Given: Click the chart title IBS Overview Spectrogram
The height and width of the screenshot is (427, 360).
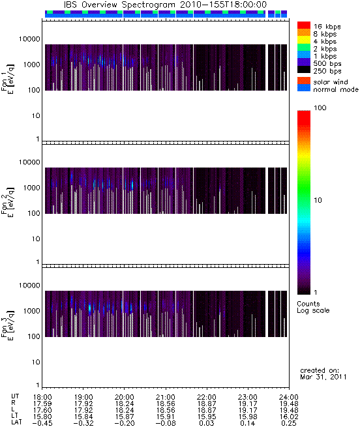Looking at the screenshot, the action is tap(119, 5).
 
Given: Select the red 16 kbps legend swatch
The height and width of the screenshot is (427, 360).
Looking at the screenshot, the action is tap(304, 25).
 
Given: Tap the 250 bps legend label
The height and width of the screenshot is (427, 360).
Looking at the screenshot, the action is tap(327, 71).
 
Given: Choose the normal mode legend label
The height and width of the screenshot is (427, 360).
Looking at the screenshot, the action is tap(336, 89).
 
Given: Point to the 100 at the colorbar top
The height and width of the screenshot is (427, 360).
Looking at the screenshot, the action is tap(320, 108).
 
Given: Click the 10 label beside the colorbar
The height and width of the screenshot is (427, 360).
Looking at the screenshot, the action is tap(318, 200).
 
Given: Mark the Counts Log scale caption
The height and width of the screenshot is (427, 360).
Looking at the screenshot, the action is tap(313, 307).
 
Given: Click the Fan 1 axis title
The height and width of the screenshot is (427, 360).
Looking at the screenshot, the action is tap(7, 80).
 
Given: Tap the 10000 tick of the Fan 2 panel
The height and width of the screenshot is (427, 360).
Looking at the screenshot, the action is tap(29, 162).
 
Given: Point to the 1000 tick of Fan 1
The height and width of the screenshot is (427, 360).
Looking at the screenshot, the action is tap(31, 65).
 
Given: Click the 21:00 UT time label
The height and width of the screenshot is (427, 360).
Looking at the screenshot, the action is tap(166, 397).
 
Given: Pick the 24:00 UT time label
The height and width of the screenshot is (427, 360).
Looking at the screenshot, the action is tap(289, 397).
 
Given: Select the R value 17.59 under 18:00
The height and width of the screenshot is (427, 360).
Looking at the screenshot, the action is tap(42, 404).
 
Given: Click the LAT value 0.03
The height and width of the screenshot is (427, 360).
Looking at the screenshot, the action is tap(207, 423).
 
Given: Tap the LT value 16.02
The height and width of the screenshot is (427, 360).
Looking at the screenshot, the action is tap(289, 417).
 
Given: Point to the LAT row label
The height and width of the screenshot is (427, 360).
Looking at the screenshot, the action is tap(16, 423).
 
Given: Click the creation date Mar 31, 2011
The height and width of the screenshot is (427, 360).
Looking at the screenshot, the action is tap(323, 377).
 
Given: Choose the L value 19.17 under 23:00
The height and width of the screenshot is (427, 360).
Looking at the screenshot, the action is tap(248, 410).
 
